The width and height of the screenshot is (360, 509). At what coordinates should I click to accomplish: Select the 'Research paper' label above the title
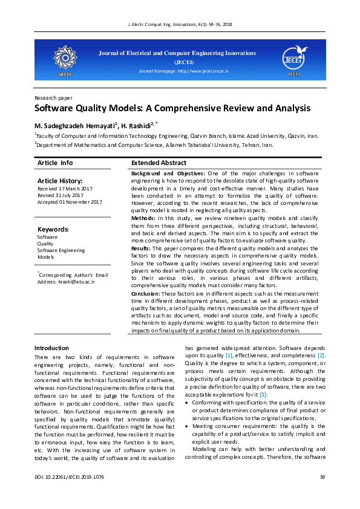point(53,97)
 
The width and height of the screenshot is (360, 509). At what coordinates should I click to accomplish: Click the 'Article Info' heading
point(55,163)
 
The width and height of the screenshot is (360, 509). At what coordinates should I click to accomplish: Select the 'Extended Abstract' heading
point(159,163)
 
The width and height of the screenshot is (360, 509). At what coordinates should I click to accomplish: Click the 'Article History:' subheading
point(60,181)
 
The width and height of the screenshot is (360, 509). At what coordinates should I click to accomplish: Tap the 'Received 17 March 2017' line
point(65,189)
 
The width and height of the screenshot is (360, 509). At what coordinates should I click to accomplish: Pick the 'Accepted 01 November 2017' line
point(70,202)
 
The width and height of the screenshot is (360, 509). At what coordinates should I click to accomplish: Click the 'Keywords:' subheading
point(53,230)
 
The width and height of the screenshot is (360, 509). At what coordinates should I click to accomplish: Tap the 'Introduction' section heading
point(51,348)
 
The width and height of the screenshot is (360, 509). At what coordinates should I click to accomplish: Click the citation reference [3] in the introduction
point(264,394)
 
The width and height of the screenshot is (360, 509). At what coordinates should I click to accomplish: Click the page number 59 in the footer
point(322,495)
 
